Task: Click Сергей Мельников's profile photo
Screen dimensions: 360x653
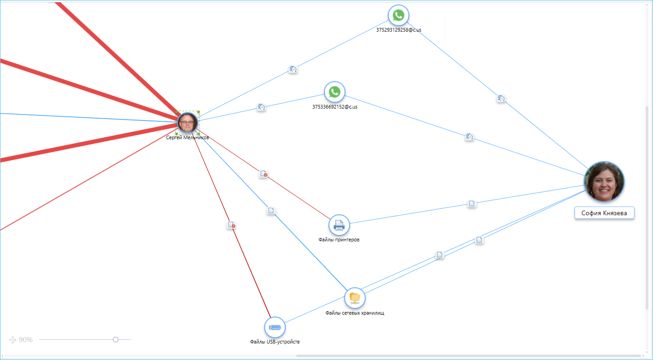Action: (x=187, y=123)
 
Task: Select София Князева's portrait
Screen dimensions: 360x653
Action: (x=604, y=181)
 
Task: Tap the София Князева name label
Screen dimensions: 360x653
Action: (x=604, y=213)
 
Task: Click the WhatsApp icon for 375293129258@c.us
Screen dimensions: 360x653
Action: (x=398, y=15)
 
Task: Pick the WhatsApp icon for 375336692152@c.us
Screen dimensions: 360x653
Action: (x=335, y=92)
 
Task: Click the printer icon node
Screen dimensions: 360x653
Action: (x=339, y=225)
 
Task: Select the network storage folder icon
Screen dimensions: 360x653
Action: (x=355, y=298)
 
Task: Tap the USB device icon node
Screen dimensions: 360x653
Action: (x=275, y=327)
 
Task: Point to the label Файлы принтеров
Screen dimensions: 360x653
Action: (x=339, y=240)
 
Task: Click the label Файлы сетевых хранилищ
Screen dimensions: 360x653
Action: (x=355, y=313)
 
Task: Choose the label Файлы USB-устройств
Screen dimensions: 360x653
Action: (x=275, y=342)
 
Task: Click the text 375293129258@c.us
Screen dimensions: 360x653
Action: (x=398, y=30)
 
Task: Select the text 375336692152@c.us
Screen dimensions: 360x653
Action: (x=335, y=107)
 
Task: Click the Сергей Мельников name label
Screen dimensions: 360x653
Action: (x=187, y=137)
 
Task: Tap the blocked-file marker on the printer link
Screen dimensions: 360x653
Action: (x=263, y=174)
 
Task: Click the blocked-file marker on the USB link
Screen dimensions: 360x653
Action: (x=231, y=225)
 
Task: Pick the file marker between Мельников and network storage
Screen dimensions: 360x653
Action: (x=271, y=211)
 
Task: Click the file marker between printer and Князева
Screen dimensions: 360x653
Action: (x=472, y=204)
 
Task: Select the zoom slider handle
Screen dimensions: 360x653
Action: (x=115, y=339)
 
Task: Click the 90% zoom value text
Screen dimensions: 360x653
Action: (x=26, y=340)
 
